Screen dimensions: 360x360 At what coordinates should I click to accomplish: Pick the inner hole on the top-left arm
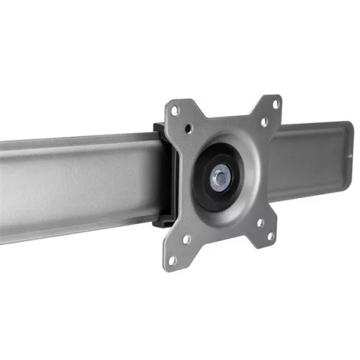pos(189,130)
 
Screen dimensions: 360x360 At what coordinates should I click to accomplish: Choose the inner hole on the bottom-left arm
pos(186,239)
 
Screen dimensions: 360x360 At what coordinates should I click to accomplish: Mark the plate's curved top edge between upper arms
pos(223,115)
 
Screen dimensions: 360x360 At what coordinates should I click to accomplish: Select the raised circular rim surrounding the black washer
pos(241,155)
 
